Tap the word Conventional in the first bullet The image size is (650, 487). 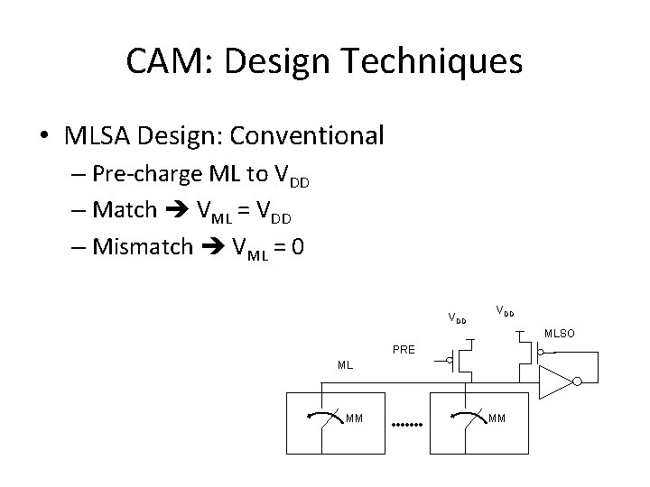(x=307, y=136)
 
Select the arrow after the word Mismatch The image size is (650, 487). (x=212, y=245)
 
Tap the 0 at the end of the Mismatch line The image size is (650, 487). (x=297, y=245)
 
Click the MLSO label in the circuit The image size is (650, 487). (x=558, y=334)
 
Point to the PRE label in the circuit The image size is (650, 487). (x=404, y=348)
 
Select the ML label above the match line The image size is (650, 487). (x=345, y=366)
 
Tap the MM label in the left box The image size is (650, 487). (x=355, y=418)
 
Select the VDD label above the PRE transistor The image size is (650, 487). (x=458, y=317)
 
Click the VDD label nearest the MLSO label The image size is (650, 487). (x=504, y=311)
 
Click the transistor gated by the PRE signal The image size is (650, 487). (x=462, y=361)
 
